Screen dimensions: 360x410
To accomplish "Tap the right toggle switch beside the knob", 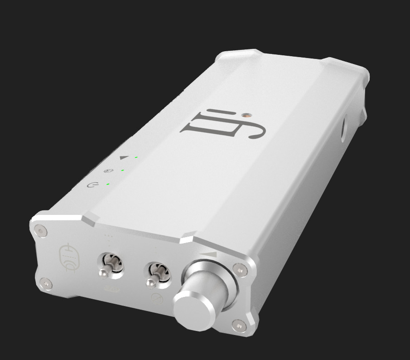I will pyautogui.click(x=153, y=278).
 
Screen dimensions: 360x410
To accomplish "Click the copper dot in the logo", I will pyautogui.click(x=245, y=115).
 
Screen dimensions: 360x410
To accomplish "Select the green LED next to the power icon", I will pyautogui.click(x=107, y=184).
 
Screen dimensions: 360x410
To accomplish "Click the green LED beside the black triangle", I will pyautogui.click(x=135, y=157).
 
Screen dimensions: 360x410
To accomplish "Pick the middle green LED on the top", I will pyautogui.click(x=122, y=170).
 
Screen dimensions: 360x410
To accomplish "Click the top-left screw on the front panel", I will pyautogui.click(x=41, y=231).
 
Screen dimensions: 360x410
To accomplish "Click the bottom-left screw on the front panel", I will pyautogui.click(x=47, y=284).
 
